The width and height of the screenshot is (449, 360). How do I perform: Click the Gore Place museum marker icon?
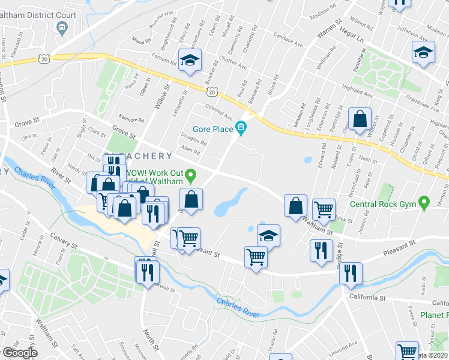(x=241, y=128)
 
